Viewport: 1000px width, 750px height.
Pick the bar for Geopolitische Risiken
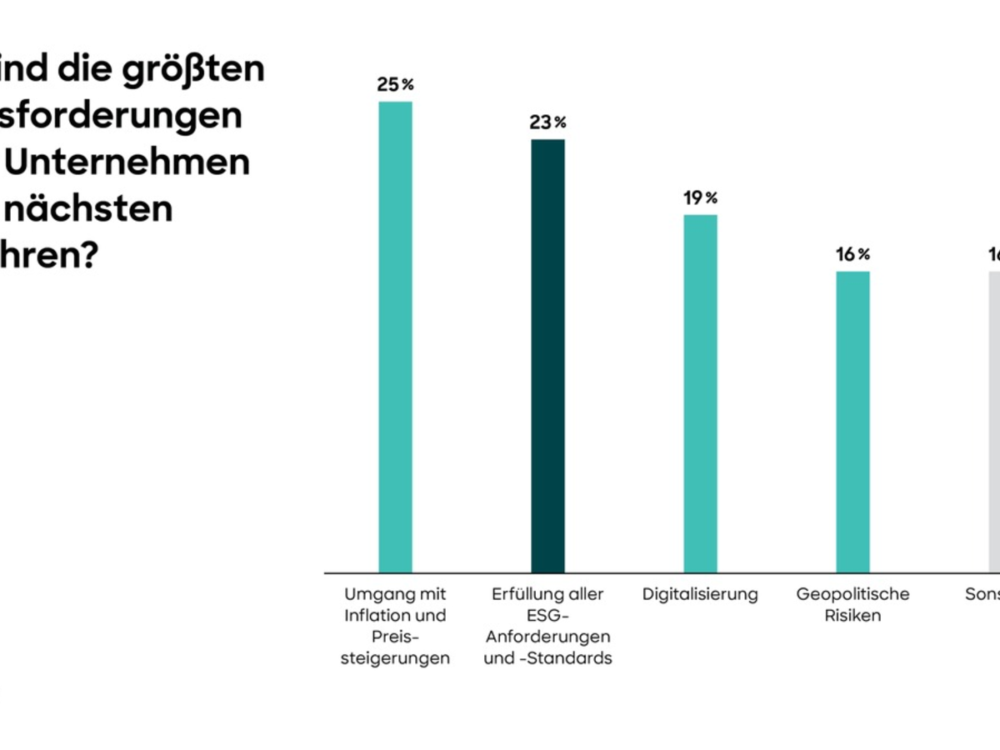(852, 422)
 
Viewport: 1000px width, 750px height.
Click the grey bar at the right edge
(994, 422)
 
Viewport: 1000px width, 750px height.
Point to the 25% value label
(395, 85)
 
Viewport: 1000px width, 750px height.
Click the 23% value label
(547, 122)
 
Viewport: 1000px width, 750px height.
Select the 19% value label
(700, 198)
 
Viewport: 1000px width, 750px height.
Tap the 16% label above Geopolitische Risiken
(852, 254)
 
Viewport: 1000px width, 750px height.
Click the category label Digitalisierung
(700, 594)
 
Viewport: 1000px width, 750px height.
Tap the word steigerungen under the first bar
(396, 658)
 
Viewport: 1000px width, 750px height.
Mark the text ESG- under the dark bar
(547, 616)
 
